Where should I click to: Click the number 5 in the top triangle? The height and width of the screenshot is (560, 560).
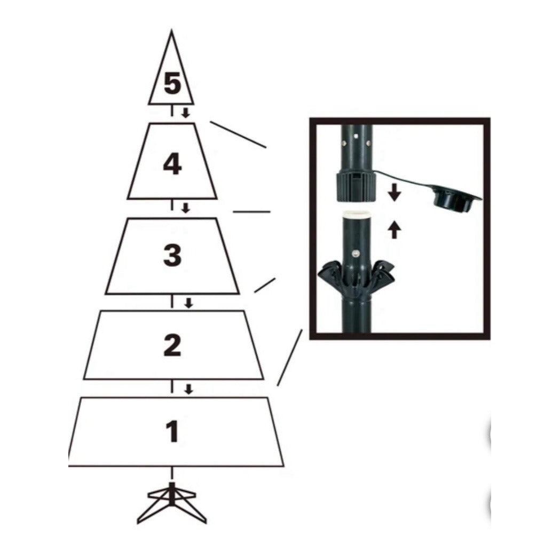click(x=172, y=84)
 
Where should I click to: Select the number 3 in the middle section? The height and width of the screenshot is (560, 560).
click(x=172, y=256)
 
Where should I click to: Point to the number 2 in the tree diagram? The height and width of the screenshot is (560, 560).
click(x=172, y=345)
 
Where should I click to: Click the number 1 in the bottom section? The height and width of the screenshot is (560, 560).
click(x=172, y=432)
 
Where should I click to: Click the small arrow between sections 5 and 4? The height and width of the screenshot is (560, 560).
click(x=185, y=113)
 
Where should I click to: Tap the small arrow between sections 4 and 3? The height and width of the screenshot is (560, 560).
click(x=185, y=208)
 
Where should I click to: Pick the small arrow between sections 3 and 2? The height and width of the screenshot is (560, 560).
click(x=188, y=303)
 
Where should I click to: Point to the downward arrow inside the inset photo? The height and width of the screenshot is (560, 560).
click(x=394, y=192)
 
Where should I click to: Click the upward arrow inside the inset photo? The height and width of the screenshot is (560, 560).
click(x=394, y=230)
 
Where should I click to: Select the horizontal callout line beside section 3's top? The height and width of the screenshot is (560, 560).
click(x=251, y=212)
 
